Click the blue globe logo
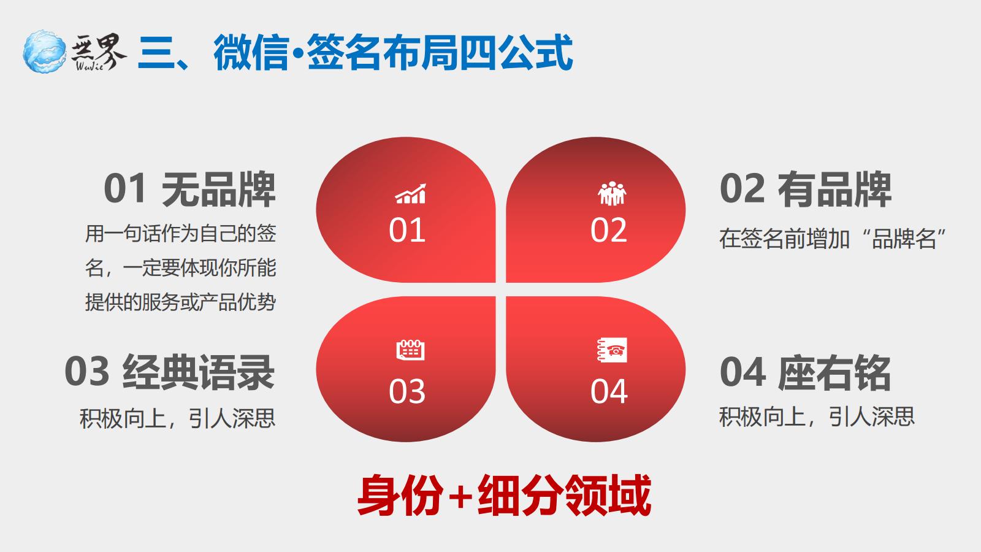click(45, 52)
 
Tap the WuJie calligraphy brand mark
click(99, 52)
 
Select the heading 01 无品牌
click(189, 189)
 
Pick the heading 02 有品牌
click(806, 189)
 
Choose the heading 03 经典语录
click(169, 372)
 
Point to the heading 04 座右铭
click(806, 372)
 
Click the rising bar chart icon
click(410, 194)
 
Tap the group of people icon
click(612, 194)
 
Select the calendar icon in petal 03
click(410, 350)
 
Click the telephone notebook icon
click(612, 350)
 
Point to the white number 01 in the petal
click(407, 230)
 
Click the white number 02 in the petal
click(609, 230)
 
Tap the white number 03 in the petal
click(407, 391)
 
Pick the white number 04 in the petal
click(609, 391)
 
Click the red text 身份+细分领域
click(504, 496)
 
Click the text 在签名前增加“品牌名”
click(833, 239)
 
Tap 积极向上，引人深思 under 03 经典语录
click(177, 418)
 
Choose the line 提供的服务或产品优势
click(180, 302)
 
